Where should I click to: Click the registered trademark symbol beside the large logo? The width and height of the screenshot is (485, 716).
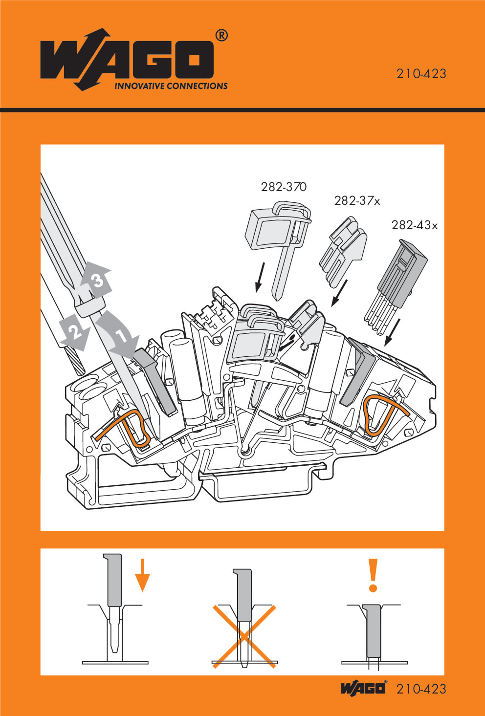pos(221,36)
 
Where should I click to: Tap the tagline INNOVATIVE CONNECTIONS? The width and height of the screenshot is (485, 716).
pos(171,87)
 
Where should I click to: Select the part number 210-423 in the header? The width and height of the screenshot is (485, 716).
pos(421,74)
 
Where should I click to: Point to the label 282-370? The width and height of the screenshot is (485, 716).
pos(284,187)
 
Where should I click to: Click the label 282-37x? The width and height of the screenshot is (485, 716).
pos(357,200)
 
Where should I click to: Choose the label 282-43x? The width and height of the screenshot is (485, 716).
pos(414,225)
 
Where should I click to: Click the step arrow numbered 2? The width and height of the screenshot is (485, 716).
pos(75,333)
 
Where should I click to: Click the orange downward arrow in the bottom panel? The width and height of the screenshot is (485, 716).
pos(142,575)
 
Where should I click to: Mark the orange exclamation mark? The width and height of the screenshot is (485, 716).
pos(374,576)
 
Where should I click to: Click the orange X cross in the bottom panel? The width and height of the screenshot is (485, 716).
pos(243,636)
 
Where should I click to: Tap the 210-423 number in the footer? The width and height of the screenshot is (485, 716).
pos(421,689)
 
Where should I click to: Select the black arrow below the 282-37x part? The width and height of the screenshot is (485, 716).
pos(339,293)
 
